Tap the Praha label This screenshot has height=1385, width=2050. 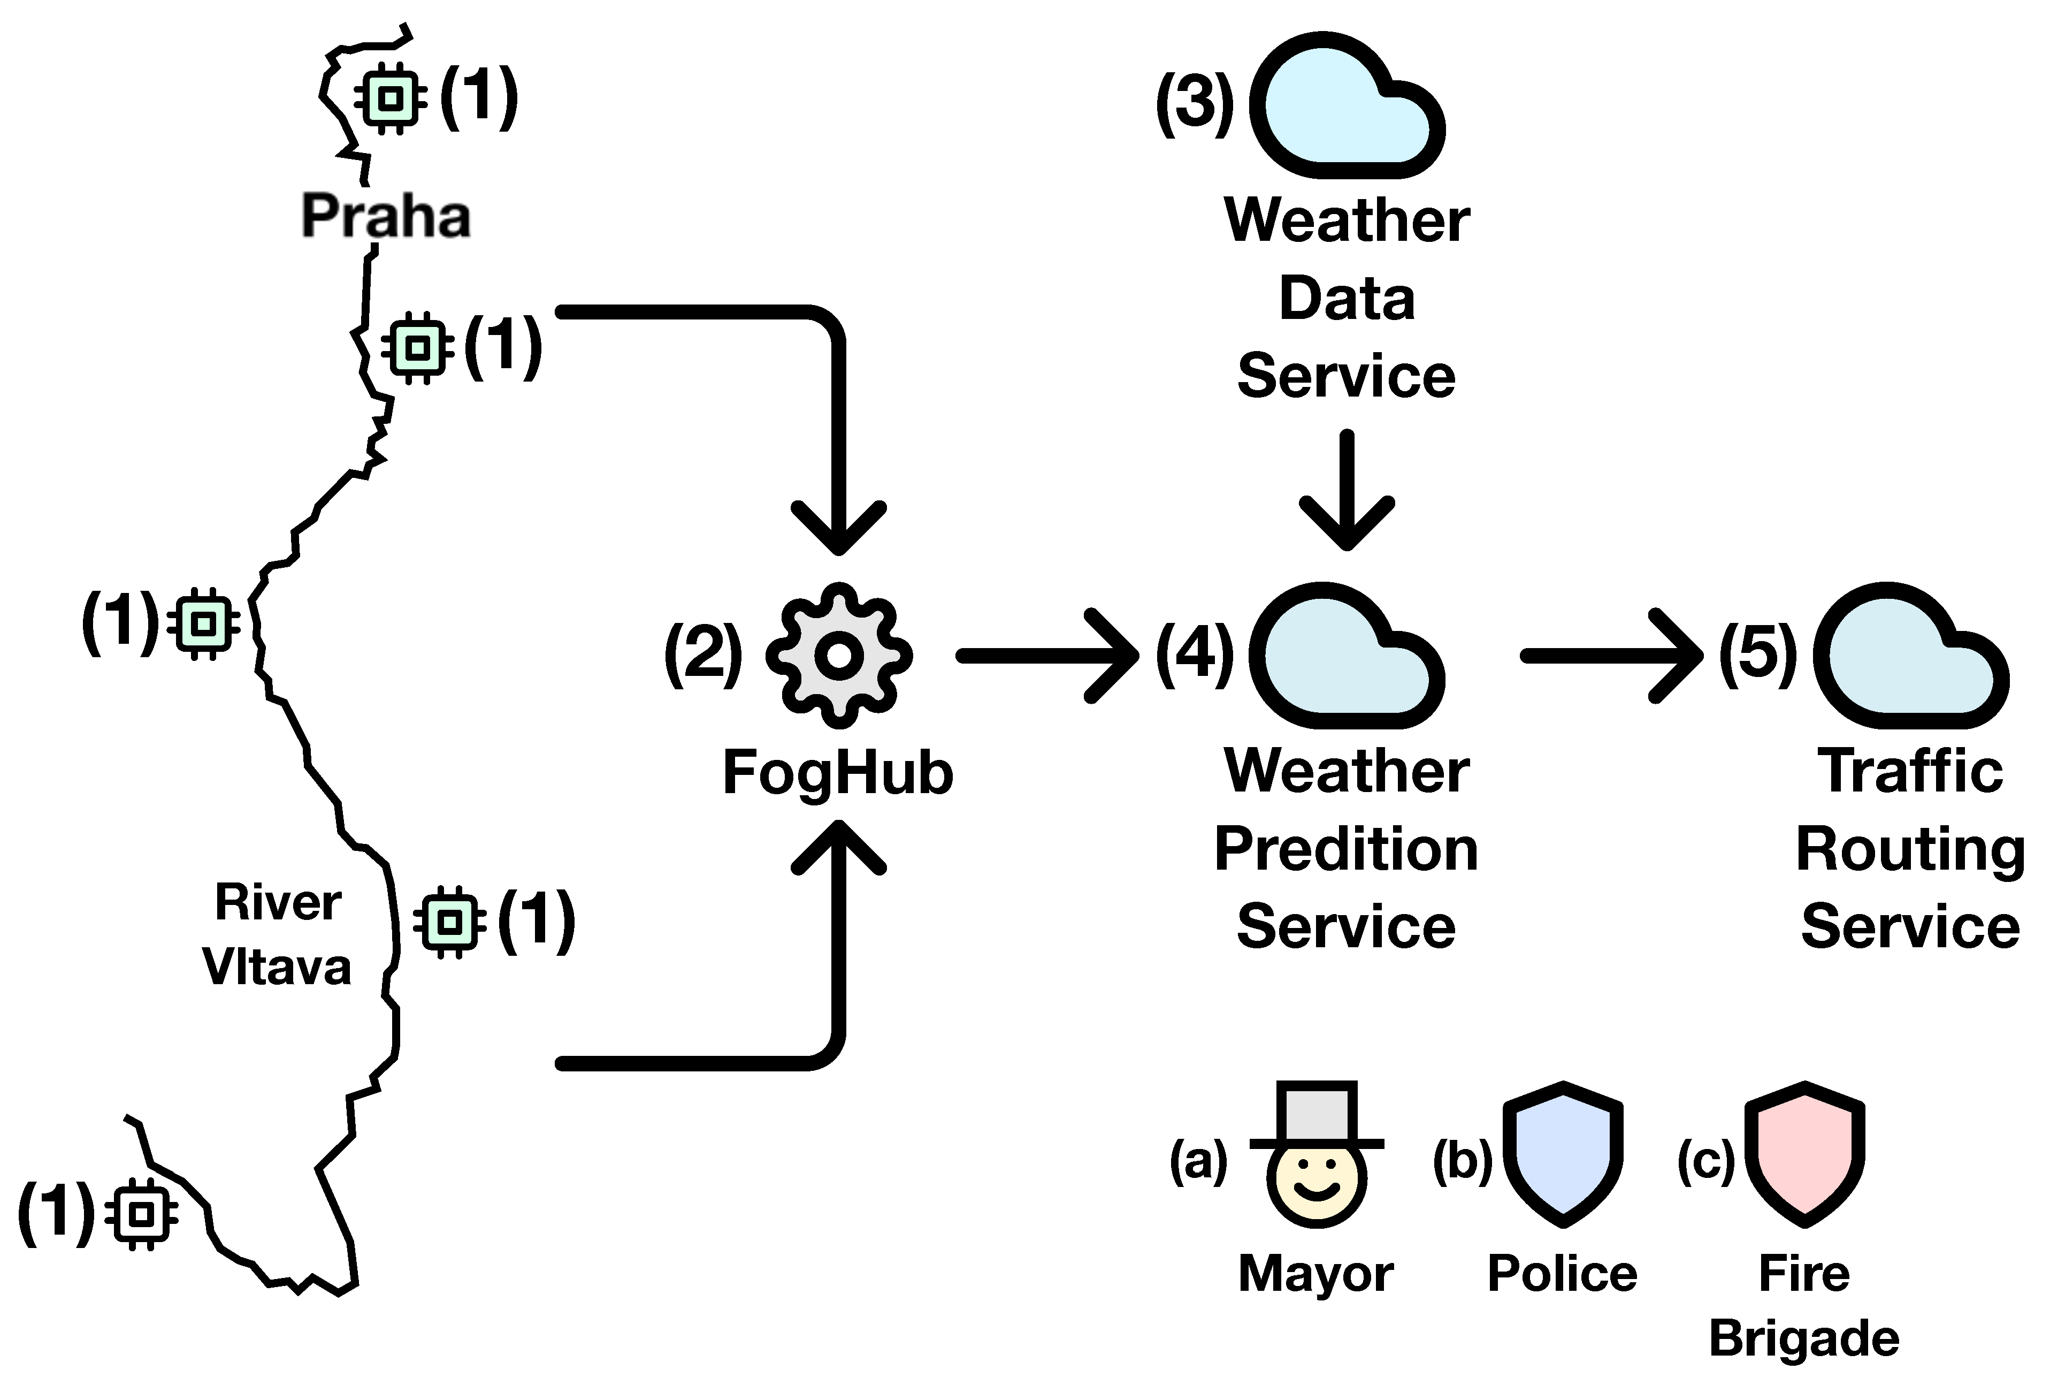(386, 216)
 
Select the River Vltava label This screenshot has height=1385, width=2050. (277, 934)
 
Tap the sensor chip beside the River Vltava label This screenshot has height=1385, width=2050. (450, 923)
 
